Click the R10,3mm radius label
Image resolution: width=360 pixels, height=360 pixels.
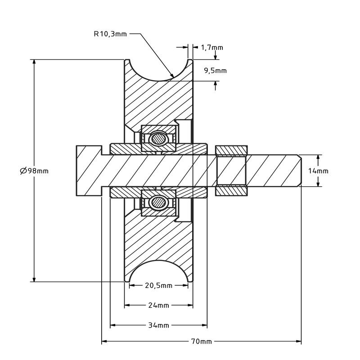(110, 34)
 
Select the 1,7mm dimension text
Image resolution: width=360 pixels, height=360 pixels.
(212, 48)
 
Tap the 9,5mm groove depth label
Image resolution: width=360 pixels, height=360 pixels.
(216, 71)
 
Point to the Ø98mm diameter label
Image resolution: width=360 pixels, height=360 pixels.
(34, 171)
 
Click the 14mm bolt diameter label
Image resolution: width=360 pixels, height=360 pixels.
(318, 171)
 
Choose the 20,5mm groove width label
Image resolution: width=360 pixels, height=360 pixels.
(158, 285)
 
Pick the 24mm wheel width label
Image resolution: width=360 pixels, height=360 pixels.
(158, 306)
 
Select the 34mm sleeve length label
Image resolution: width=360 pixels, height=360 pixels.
(158, 325)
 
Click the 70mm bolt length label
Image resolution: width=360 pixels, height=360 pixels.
(201, 342)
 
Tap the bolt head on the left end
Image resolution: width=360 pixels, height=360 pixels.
(89, 171)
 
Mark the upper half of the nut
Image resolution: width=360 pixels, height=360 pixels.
(231, 150)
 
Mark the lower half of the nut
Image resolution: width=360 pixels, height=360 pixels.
(231, 191)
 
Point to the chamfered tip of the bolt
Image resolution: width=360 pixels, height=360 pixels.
(299, 171)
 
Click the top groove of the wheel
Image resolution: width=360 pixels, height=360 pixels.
(158, 73)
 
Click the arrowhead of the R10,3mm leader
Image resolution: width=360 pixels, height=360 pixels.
(171, 75)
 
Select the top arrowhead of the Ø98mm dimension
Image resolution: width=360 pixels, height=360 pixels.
(34, 62)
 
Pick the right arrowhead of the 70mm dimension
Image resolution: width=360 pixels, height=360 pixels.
(299, 342)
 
